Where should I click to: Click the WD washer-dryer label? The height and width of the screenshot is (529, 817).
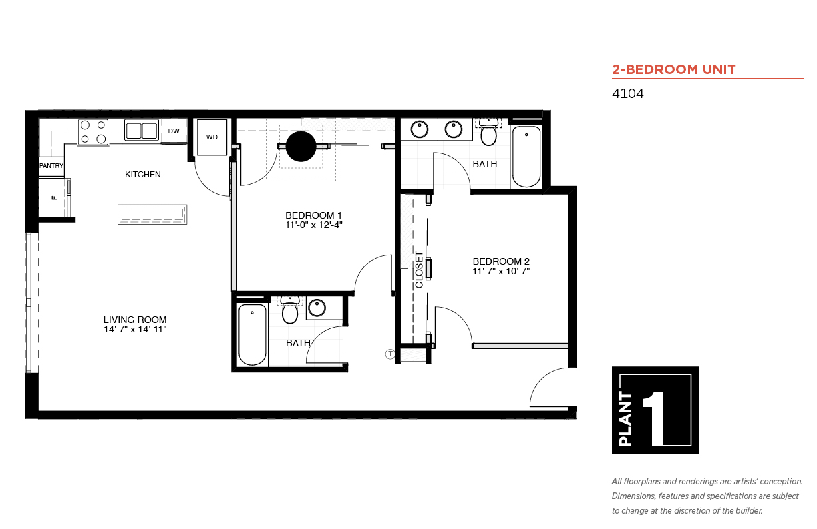pyautogui.click(x=212, y=137)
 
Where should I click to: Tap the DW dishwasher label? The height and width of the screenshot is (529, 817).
pyautogui.click(x=174, y=131)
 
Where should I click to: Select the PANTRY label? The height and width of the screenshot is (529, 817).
pyautogui.click(x=51, y=165)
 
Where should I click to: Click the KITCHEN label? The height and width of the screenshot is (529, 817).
pyautogui.click(x=143, y=175)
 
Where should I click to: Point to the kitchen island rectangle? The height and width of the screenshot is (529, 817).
pyautogui.click(x=152, y=214)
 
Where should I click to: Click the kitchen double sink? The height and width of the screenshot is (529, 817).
pyautogui.click(x=142, y=130)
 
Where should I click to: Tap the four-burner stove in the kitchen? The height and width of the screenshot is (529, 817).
pyautogui.click(x=93, y=132)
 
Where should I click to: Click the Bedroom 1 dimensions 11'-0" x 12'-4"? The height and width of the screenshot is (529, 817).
pyautogui.click(x=313, y=225)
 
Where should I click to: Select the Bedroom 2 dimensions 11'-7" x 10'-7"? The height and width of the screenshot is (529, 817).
pyautogui.click(x=501, y=271)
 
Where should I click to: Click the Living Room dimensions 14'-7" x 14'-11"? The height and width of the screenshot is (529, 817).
pyautogui.click(x=135, y=330)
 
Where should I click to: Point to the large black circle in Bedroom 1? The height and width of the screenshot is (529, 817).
pyautogui.click(x=301, y=147)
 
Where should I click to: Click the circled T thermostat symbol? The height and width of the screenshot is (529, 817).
pyautogui.click(x=390, y=354)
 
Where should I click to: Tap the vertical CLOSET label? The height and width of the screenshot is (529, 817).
pyautogui.click(x=419, y=270)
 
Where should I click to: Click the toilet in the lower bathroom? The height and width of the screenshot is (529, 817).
pyautogui.click(x=290, y=310)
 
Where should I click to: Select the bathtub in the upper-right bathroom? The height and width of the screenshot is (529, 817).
pyautogui.click(x=526, y=157)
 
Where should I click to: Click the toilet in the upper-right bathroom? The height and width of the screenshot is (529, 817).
pyautogui.click(x=488, y=131)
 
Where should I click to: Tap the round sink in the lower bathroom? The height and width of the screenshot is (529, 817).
pyautogui.click(x=317, y=308)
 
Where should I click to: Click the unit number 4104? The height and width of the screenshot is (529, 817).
pyautogui.click(x=627, y=93)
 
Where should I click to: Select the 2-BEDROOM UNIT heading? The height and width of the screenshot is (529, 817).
pyautogui.click(x=674, y=69)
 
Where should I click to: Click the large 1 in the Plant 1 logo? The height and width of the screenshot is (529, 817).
pyautogui.click(x=654, y=418)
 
